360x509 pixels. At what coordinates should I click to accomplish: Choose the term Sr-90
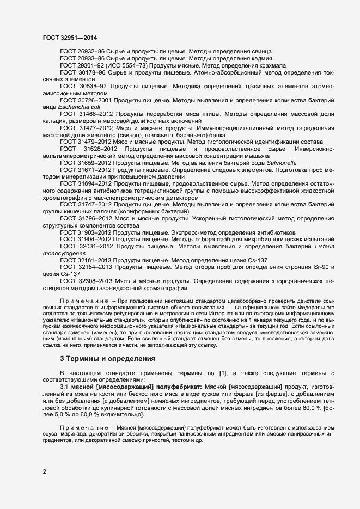(x=322, y=268)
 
